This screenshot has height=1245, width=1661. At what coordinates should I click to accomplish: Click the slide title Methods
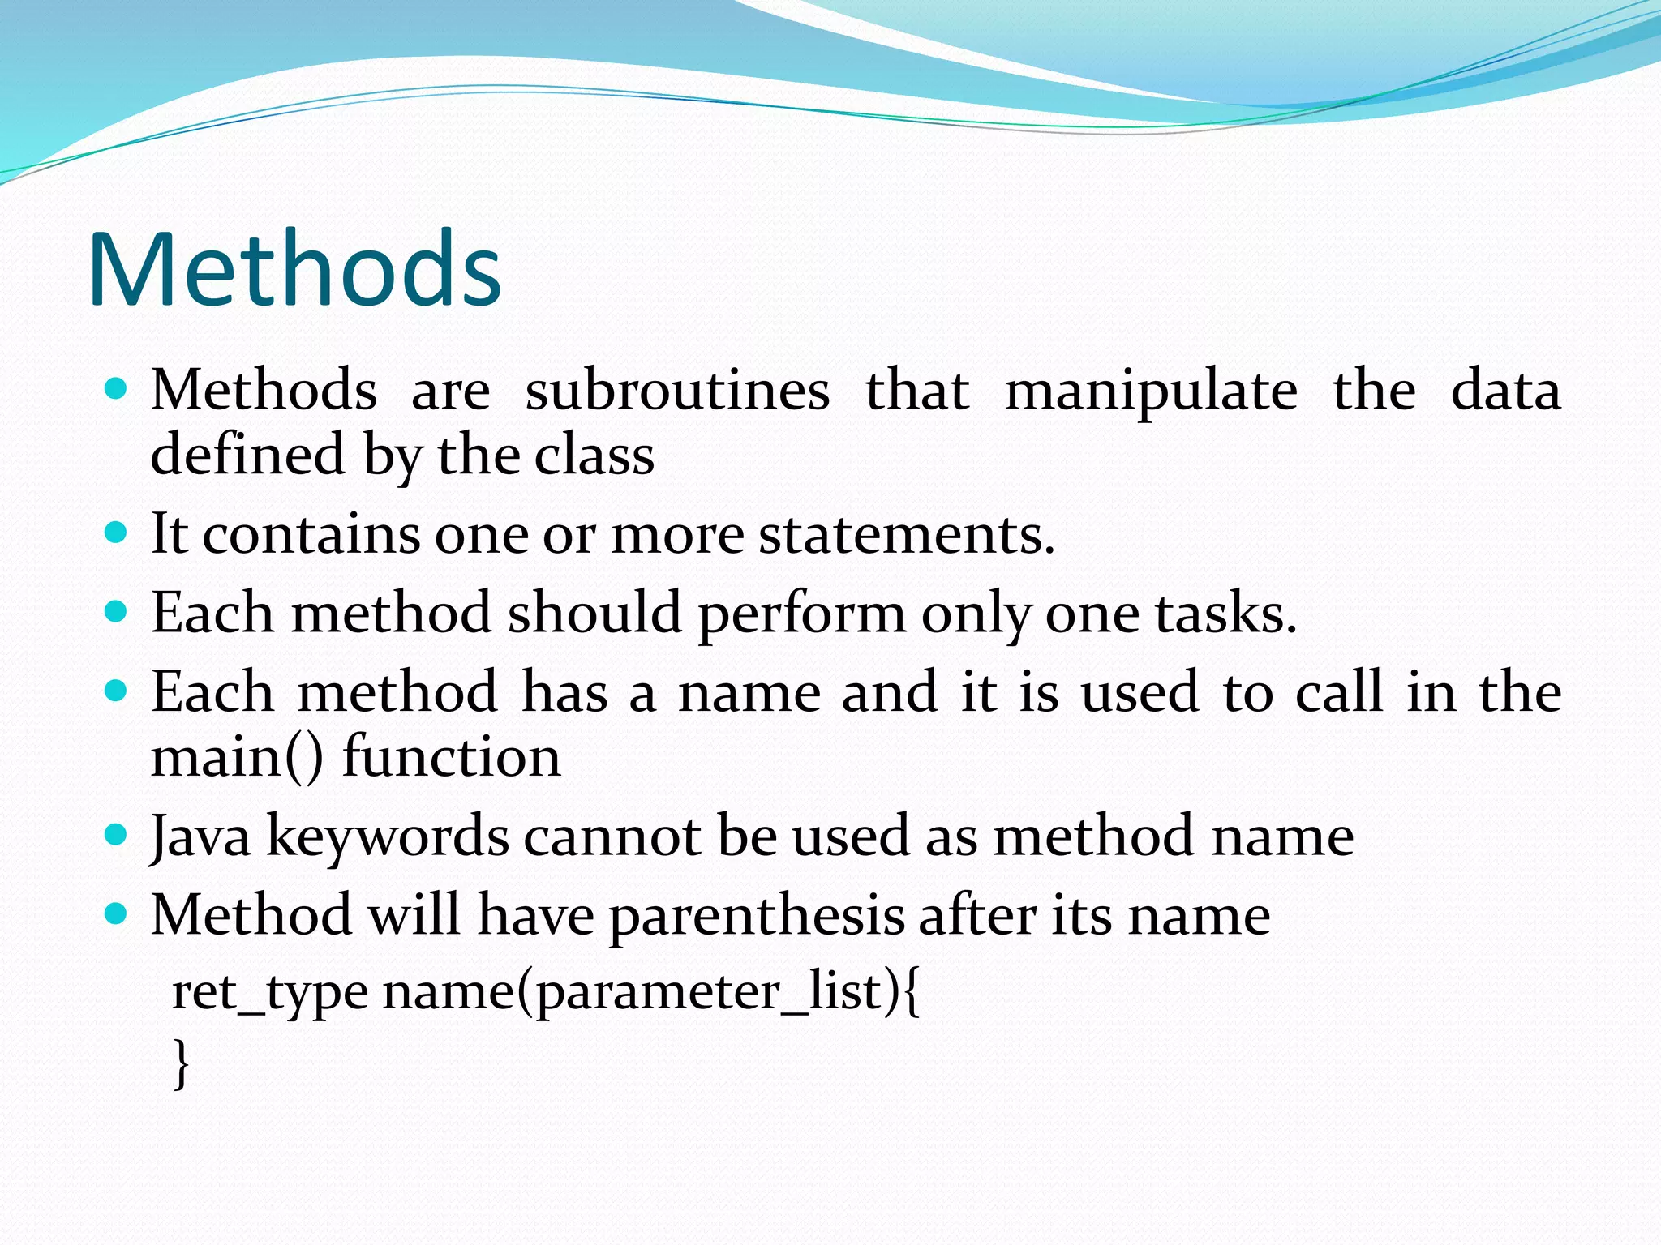294,269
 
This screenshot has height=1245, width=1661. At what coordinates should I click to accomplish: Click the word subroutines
677,391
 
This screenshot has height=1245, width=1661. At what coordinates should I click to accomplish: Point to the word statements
906,535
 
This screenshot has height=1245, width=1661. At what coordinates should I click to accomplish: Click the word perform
801,614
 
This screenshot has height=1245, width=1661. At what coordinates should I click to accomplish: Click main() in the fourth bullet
237,757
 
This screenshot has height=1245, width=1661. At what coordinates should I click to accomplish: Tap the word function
451,757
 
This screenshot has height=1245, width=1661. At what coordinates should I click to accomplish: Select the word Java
200,836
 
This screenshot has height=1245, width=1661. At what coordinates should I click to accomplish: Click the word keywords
388,836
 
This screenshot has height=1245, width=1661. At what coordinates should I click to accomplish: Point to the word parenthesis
756,916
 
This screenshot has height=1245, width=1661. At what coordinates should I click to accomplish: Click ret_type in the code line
269,991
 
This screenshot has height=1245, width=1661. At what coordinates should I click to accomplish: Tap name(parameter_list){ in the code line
650,991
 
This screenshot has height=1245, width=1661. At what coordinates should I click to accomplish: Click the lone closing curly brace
182,1063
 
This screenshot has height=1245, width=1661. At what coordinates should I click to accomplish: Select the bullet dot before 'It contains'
117,533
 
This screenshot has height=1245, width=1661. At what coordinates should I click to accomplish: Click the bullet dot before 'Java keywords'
117,834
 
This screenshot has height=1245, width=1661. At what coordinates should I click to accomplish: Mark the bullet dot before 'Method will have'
117,913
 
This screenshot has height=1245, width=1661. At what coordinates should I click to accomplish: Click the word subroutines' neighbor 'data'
1504,391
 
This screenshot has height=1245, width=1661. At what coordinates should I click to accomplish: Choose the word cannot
612,836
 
